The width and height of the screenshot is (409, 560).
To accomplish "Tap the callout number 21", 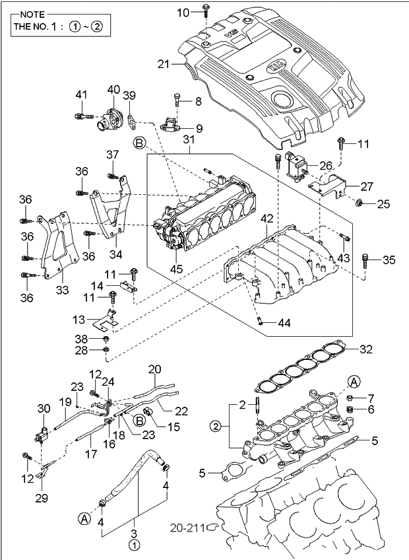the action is tap(164, 65).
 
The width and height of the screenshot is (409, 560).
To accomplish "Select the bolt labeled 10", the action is tap(206, 11).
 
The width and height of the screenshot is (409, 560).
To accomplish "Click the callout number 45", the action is tap(177, 268).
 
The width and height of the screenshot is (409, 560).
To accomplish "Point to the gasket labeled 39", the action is tap(132, 120).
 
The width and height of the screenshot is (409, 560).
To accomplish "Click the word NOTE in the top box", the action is tap(32, 15).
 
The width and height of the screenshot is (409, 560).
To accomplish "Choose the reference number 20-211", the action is tap(187, 528).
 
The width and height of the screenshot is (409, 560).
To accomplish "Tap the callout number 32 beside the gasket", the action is tap(366, 349).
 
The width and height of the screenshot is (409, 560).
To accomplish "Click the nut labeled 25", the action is tap(360, 203).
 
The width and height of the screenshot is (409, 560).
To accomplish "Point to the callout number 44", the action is tap(284, 323).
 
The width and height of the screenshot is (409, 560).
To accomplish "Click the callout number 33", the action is tap(62, 290).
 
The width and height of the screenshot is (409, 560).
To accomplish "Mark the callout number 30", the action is tap(44, 408).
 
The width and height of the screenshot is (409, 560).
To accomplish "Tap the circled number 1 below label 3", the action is tap(134, 545).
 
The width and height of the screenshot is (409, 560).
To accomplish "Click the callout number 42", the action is tap(267, 219).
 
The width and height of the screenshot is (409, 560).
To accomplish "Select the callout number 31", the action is tap(189, 139).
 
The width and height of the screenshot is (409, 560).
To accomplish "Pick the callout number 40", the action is tap(113, 90).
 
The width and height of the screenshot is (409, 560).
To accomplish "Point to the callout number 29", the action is tap(42, 497).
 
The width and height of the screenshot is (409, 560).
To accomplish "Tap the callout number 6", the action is tap(371, 409).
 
